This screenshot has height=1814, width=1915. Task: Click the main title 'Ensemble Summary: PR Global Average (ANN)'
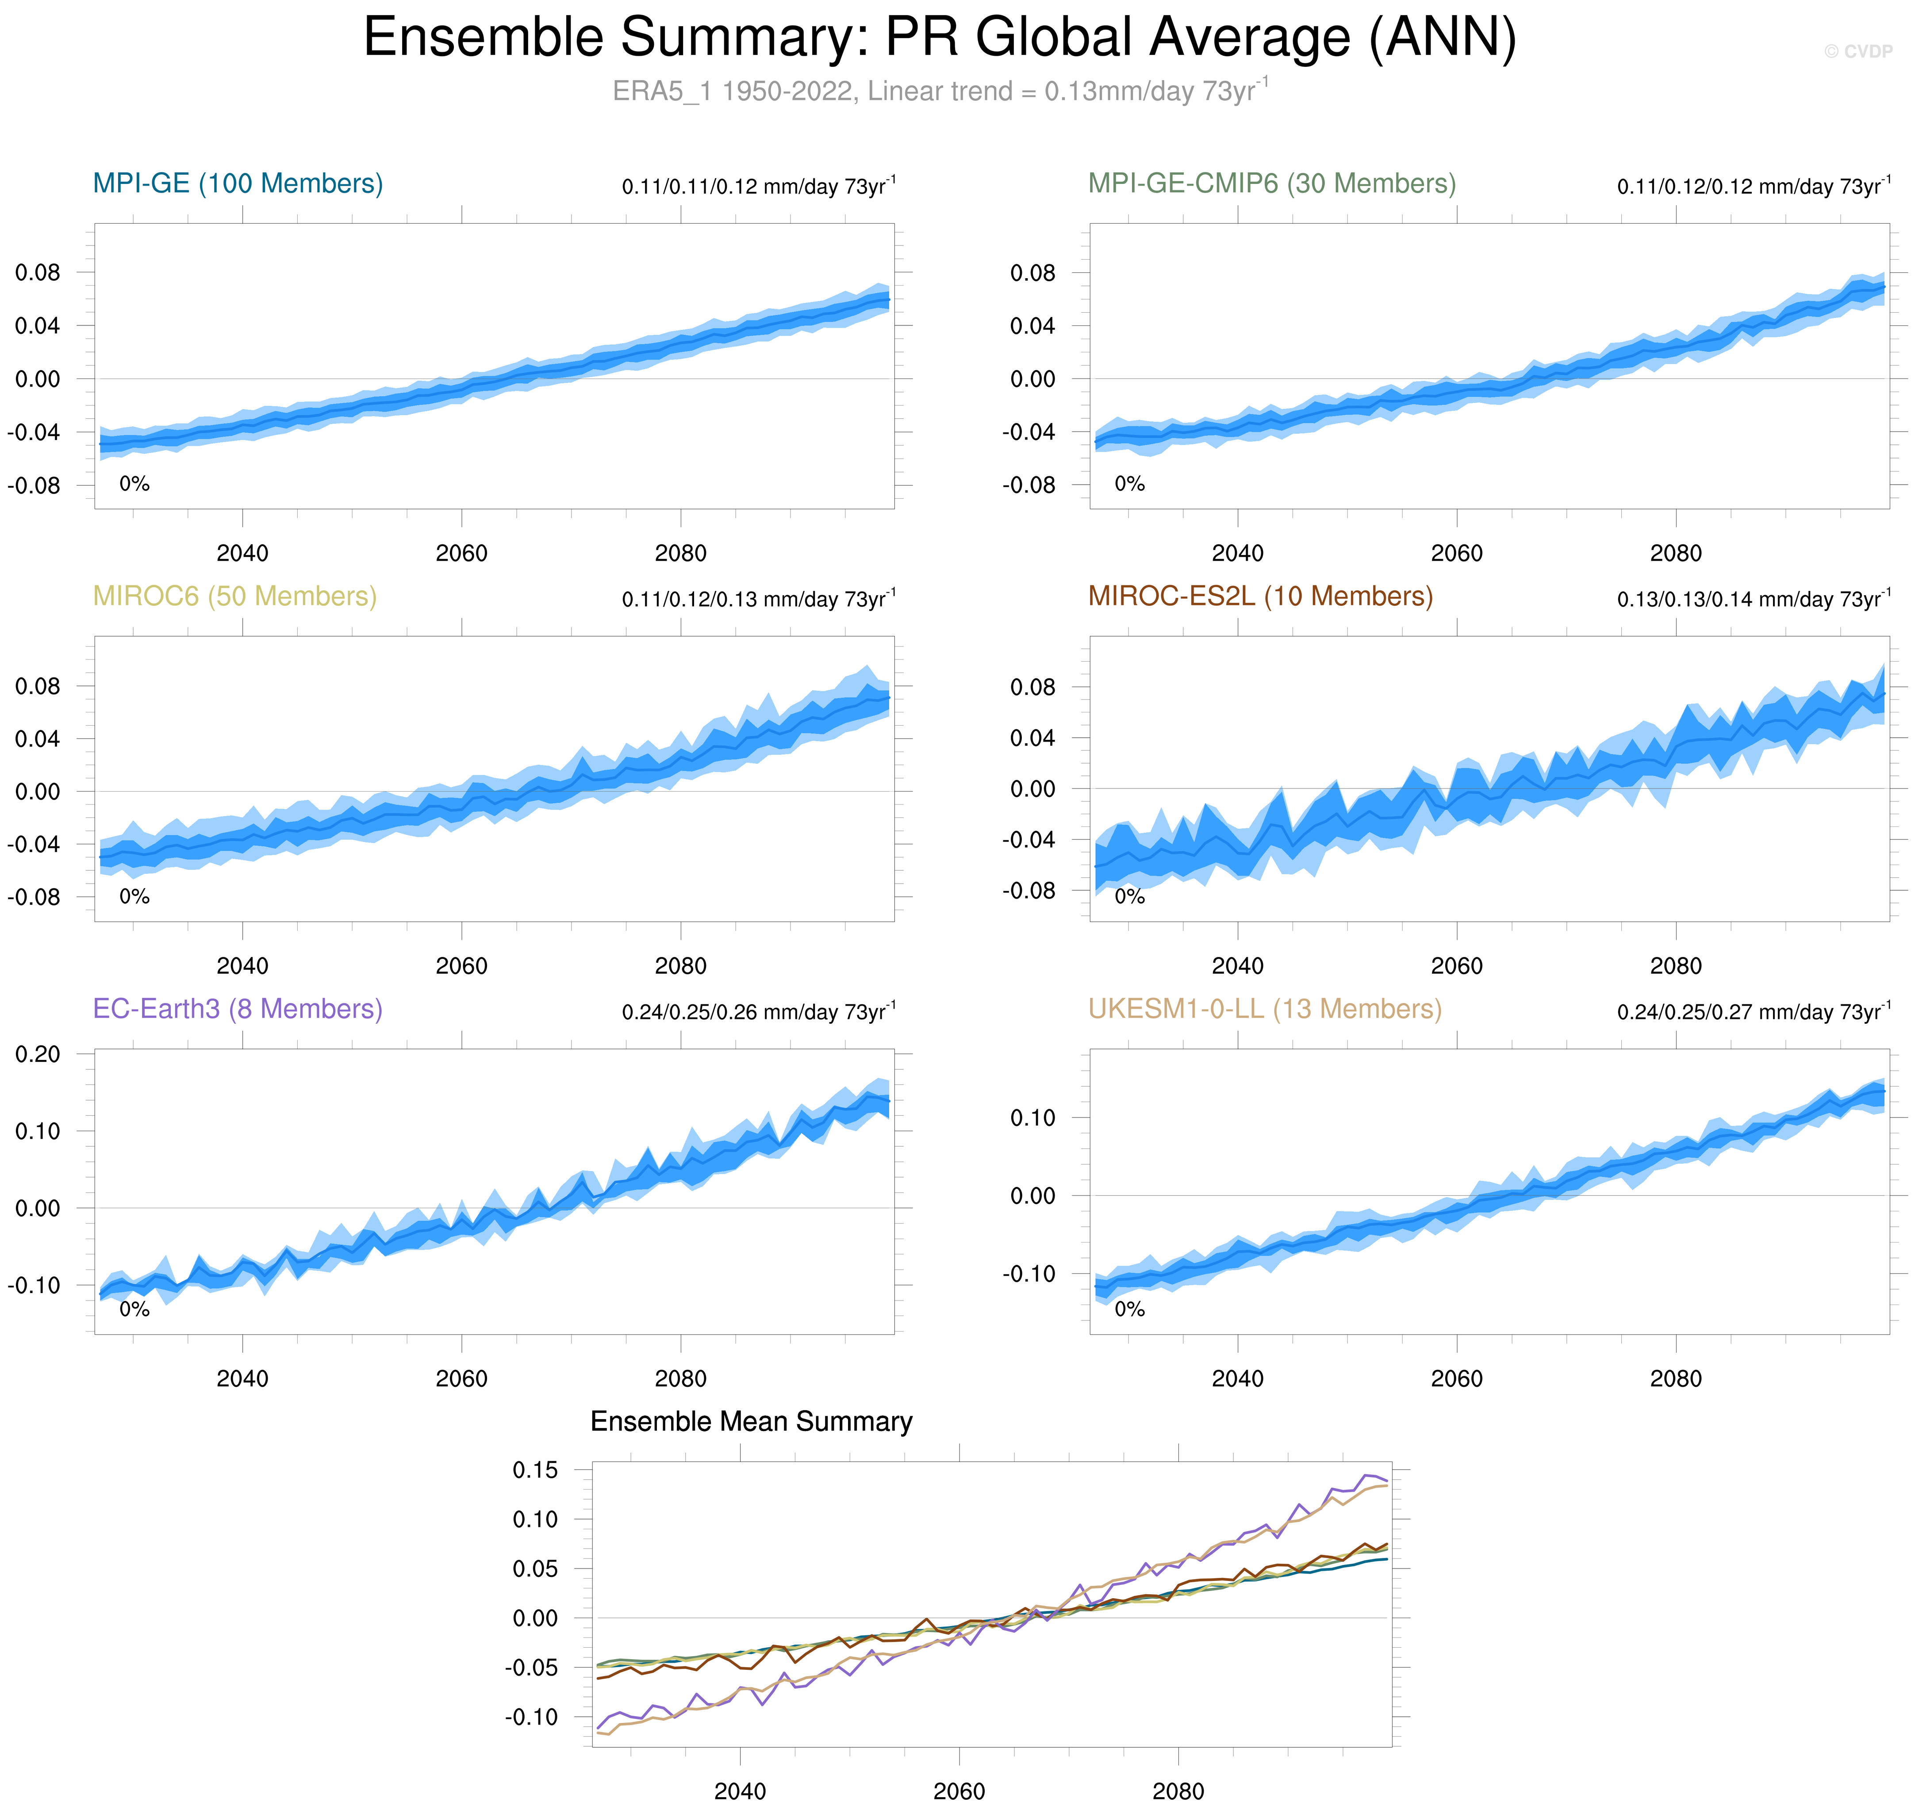pos(939,38)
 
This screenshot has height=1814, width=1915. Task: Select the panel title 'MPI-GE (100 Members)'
pos(238,184)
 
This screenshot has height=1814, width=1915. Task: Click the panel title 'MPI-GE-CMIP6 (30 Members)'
pos(1271,184)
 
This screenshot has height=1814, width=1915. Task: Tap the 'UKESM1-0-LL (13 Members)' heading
pos(1264,1010)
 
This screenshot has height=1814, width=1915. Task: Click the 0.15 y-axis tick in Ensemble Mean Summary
pos(535,1471)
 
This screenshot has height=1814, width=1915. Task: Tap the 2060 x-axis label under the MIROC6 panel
pos(461,966)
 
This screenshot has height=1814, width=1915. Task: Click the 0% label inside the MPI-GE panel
pos(134,483)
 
